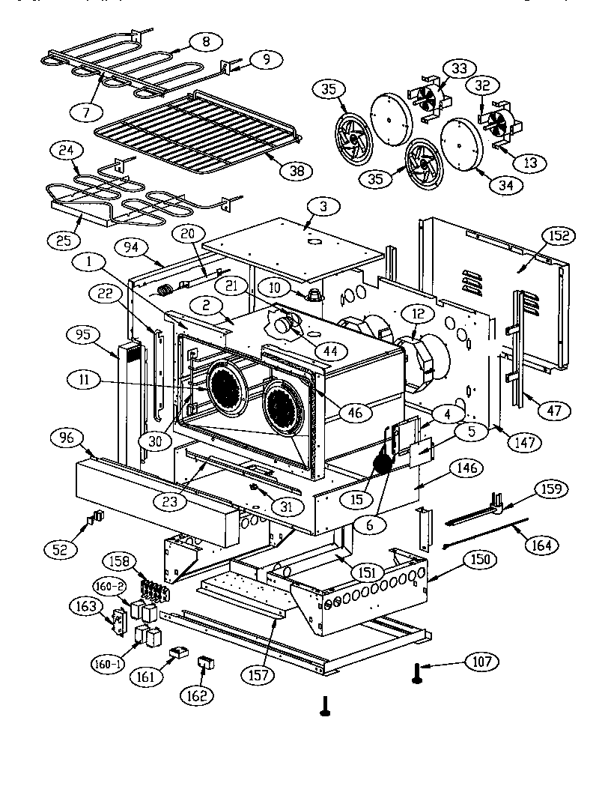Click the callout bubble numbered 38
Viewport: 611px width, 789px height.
(x=297, y=170)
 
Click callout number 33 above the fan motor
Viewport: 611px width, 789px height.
(x=458, y=68)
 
